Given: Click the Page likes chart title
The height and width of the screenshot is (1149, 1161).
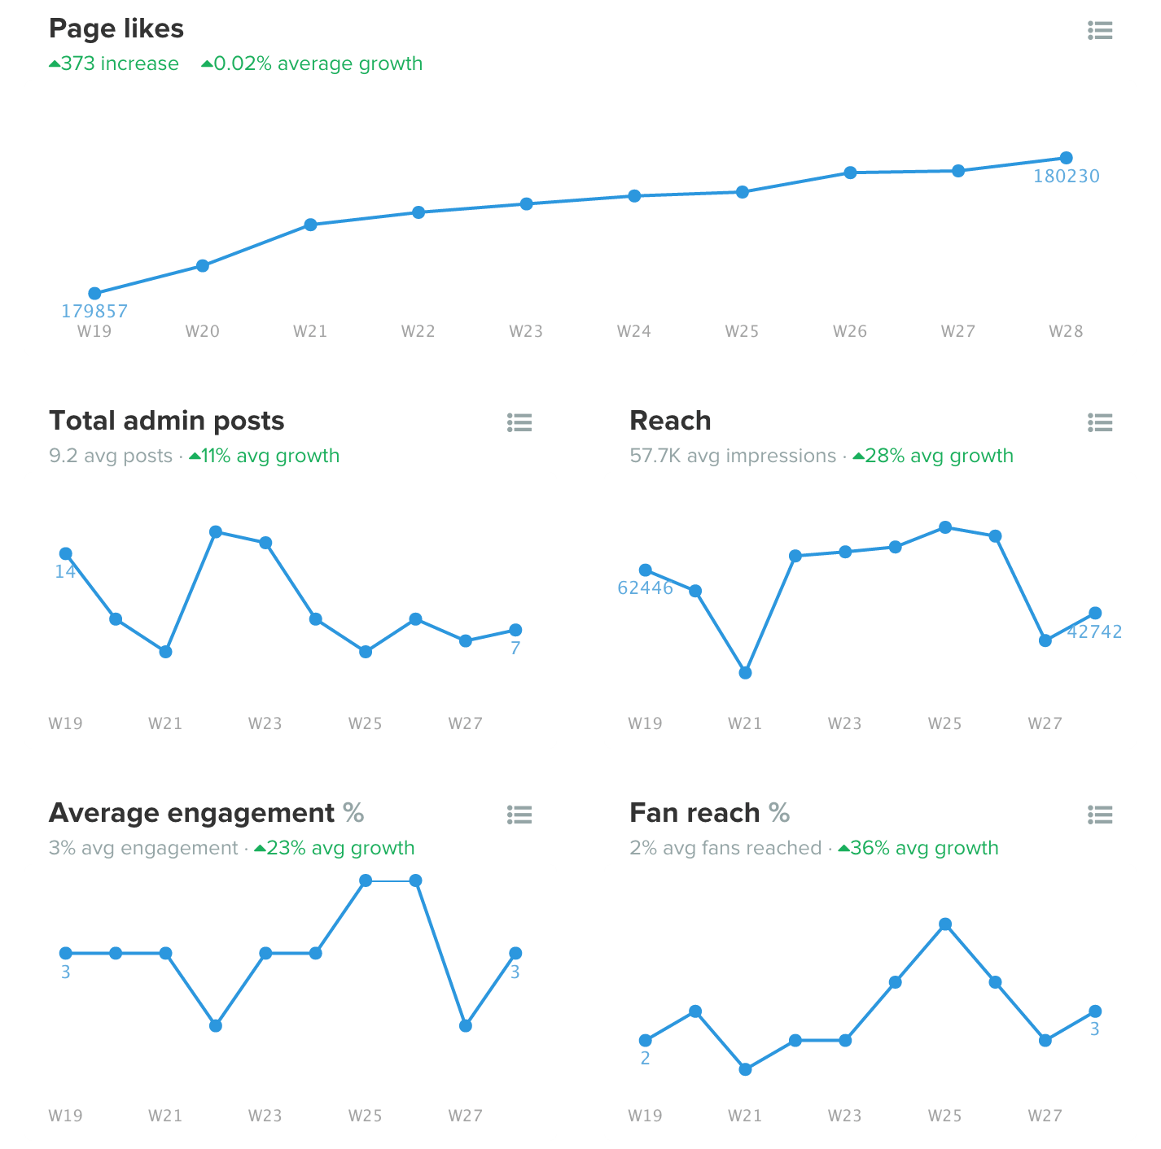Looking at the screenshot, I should (x=116, y=28).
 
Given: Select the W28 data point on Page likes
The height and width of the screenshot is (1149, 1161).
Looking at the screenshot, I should (x=1066, y=158).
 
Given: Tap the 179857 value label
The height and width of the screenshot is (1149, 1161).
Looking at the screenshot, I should (x=94, y=311).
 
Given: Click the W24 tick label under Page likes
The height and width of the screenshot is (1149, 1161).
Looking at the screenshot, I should (x=633, y=331).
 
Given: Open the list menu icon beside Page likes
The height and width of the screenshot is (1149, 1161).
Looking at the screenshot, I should (x=1100, y=31).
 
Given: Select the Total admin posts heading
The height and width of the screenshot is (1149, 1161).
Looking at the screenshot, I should (x=167, y=421).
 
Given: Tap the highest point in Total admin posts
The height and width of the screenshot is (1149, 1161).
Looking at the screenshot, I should (x=216, y=532).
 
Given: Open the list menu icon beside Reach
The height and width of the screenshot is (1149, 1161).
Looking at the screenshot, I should (x=1100, y=422).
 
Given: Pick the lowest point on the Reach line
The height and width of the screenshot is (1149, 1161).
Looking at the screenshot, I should (x=745, y=673).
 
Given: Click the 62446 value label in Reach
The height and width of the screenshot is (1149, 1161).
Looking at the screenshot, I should (x=645, y=588).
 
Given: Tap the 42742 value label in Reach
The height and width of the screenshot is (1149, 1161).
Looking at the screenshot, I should (x=1094, y=631).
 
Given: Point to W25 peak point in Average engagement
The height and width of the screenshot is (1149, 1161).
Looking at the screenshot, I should (x=366, y=880).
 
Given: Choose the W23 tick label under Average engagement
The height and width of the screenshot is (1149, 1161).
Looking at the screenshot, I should (x=265, y=1116).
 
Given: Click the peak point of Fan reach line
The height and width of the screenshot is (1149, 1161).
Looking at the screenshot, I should (x=945, y=924).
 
